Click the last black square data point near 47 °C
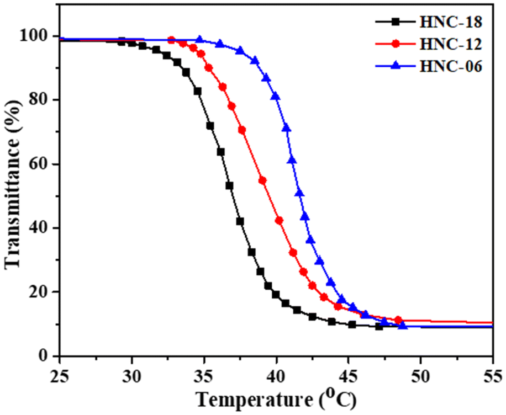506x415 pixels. [379, 327]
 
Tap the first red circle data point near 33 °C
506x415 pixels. [171, 40]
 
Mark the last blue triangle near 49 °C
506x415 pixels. [403, 325]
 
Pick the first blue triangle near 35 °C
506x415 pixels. [200, 40]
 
